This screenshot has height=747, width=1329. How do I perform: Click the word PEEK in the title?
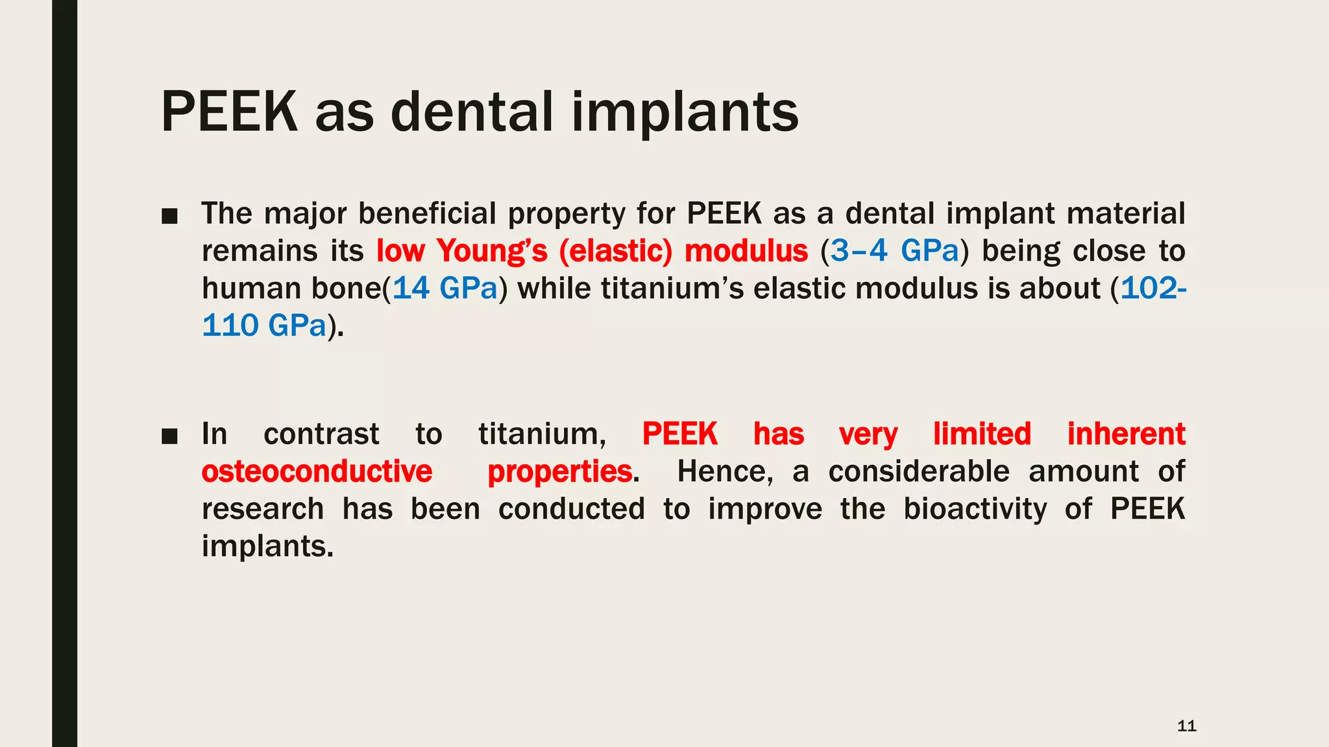228,112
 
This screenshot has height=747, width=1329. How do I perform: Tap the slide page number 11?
1186,726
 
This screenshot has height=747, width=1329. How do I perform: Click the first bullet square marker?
169,217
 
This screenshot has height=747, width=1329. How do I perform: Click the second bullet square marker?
169,436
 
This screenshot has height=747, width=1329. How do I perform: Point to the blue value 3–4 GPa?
894,251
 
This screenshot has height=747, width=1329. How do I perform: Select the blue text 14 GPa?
445,289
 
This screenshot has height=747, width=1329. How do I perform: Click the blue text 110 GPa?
264,326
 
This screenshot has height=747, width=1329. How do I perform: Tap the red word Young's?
492,251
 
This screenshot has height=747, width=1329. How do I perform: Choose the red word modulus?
746,251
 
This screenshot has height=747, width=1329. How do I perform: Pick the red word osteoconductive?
317,471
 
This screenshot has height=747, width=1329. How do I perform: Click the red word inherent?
1126,434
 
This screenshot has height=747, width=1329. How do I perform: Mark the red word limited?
982,434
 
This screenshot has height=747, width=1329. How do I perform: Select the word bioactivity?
975,509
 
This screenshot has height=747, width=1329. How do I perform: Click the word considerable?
919,471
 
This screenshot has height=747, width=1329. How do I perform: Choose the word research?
263,509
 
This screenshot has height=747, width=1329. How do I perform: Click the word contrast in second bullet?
321,434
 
